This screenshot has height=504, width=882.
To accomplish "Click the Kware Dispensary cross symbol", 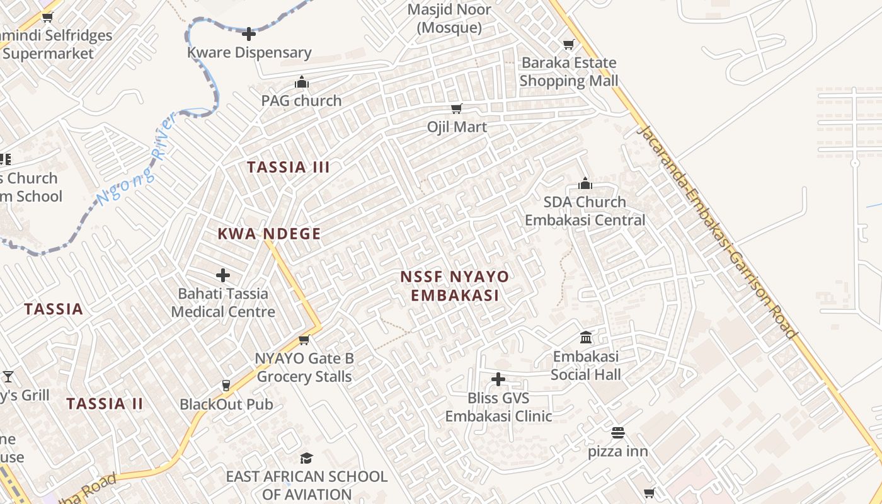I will pyautogui.click(x=249, y=34).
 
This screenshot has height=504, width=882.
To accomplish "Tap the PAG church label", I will pyautogui.click(x=301, y=101).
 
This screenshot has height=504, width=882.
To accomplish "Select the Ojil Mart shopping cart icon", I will pyautogui.click(x=457, y=108).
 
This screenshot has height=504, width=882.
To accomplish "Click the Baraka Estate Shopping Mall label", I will pyautogui.click(x=568, y=72).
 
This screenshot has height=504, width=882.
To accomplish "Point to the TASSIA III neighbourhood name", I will pyautogui.click(x=289, y=168).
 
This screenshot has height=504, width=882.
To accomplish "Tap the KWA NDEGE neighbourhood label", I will pyautogui.click(x=269, y=234).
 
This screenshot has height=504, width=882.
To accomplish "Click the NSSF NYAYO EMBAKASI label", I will pyautogui.click(x=454, y=286).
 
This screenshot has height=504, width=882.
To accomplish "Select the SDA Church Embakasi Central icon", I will pyautogui.click(x=585, y=183).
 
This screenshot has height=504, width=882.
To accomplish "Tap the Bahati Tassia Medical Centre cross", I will pyautogui.click(x=223, y=275).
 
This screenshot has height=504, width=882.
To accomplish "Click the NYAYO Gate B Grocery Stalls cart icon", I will pyautogui.click(x=304, y=340).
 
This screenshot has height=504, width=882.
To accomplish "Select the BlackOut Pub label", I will pyautogui.click(x=226, y=404).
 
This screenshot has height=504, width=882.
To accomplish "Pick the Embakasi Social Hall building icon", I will pyautogui.click(x=586, y=338).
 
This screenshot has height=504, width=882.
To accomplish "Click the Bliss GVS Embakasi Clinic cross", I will pyautogui.click(x=498, y=379).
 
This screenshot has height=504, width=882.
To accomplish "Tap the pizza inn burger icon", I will pyautogui.click(x=617, y=433).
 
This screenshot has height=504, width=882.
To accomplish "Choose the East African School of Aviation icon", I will pyautogui.click(x=306, y=458).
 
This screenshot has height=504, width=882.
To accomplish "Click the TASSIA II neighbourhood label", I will pyautogui.click(x=105, y=404).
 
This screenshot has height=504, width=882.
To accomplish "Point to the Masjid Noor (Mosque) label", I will pyautogui.click(x=449, y=19).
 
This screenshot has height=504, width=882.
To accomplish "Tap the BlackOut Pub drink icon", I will pyautogui.click(x=226, y=386).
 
